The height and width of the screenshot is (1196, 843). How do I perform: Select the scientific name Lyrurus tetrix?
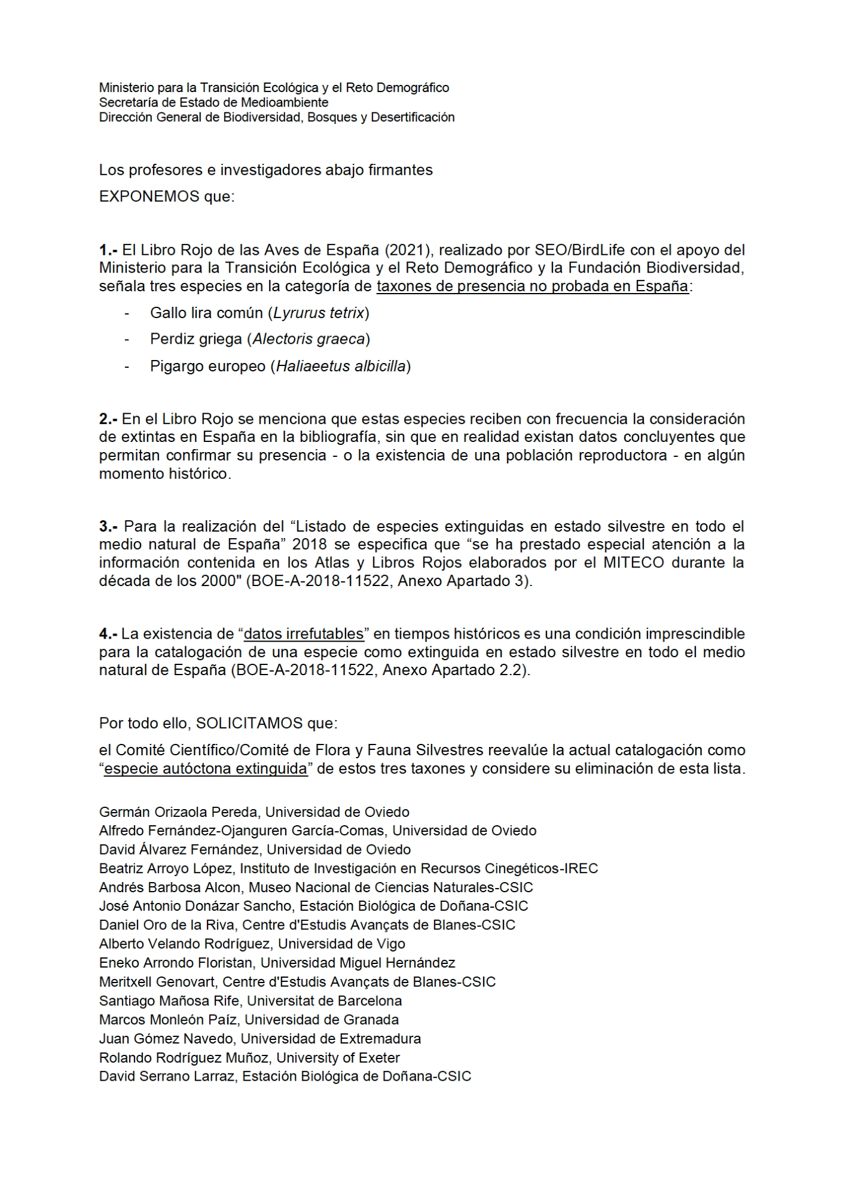click(x=319, y=313)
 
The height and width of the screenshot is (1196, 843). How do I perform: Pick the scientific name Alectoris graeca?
click(x=309, y=339)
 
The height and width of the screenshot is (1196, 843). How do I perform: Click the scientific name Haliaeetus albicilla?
click(x=341, y=366)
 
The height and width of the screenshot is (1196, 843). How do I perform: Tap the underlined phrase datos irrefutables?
click(x=304, y=633)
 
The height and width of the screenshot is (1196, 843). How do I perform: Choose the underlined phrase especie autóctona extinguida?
click(x=206, y=768)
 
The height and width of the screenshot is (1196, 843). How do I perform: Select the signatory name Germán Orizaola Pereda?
click(x=179, y=812)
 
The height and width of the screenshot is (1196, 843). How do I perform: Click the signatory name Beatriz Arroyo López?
click(x=169, y=868)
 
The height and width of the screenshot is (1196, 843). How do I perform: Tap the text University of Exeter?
click(x=338, y=1057)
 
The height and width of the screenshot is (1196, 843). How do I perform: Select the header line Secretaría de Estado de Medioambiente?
click(x=213, y=102)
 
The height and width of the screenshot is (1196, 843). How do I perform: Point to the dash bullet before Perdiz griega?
click(x=127, y=339)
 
